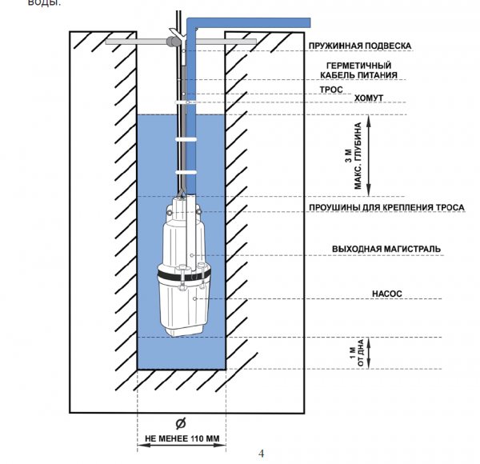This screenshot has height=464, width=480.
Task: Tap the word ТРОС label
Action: tap(331, 90)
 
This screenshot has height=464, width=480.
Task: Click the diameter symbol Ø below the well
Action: tap(182, 424)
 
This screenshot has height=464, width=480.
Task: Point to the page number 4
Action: tap(261, 454)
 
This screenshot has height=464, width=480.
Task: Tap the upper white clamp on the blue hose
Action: tap(188, 139)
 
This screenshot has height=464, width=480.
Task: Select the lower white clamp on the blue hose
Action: tap(188, 171)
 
